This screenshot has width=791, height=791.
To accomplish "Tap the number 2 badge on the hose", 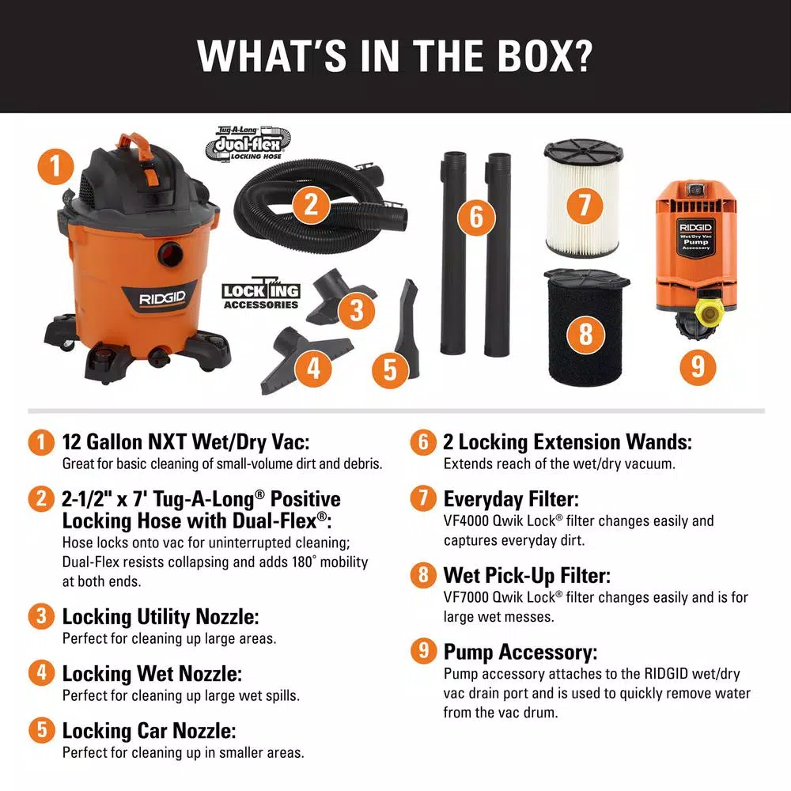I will (312, 206).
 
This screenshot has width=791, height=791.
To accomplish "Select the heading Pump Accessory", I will (520, 652).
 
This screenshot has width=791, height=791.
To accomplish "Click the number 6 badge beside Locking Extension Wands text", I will (422, 442).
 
